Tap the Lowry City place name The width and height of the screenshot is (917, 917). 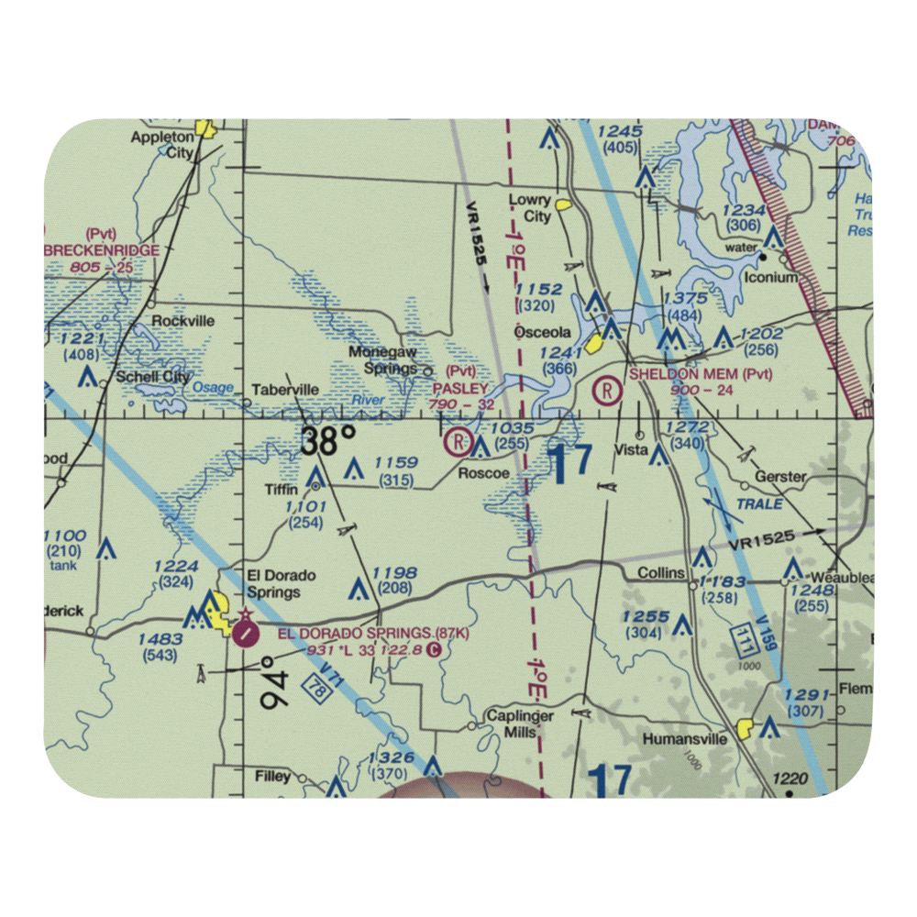pos(531,208)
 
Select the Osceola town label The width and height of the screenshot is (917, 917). pos(542,332)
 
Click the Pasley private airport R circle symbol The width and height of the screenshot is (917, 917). pos(457,443)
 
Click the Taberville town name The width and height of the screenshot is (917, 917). pos(286,390)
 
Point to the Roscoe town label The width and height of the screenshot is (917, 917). pos(483,473)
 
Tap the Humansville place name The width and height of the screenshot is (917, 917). pos(684,737)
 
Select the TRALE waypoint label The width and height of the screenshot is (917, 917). pos(759,504)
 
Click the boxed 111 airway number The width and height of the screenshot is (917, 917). pos(744,639)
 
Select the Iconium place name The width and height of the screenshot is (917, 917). pos(771,277)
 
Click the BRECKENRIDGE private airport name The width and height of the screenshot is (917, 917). pos(101,250)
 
